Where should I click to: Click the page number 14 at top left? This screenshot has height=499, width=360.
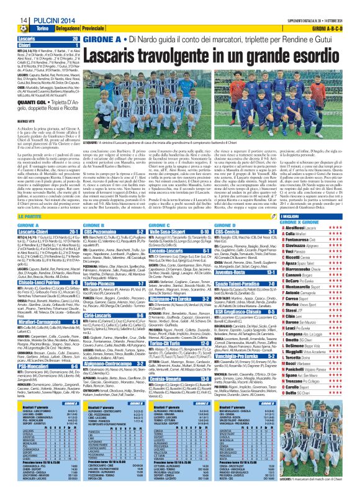(8, 5)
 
